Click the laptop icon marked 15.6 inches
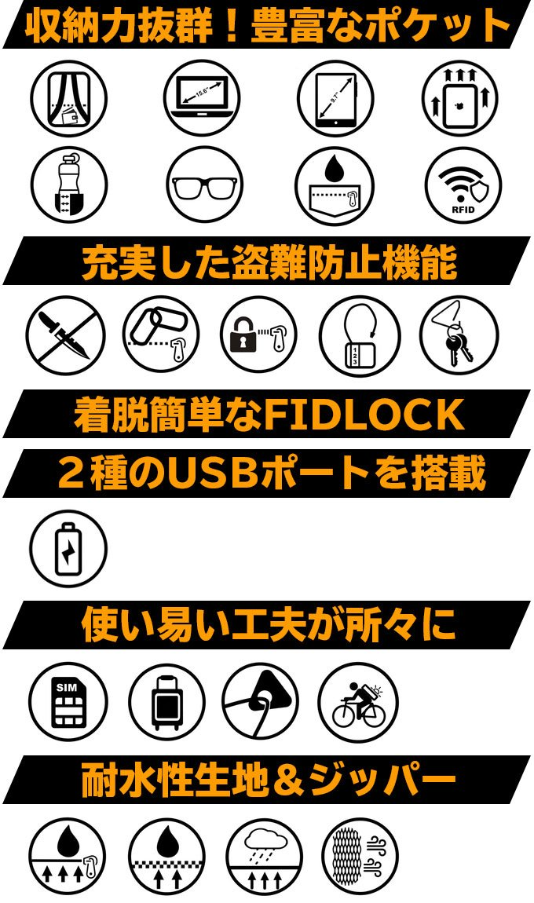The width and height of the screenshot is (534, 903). pos(202,98)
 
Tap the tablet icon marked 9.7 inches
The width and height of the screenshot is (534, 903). pos(335,98)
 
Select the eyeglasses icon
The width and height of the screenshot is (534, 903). pos(204,186)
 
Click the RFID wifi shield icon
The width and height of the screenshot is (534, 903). pos(463,186)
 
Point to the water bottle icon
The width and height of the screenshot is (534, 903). pos(69,186)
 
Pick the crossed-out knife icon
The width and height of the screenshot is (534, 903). pos(65,335)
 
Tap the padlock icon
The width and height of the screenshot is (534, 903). pos(258,335)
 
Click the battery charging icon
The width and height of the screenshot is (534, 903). pos(68,547)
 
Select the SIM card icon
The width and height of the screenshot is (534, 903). pos(68,702)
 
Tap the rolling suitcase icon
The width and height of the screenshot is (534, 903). pos(166,702)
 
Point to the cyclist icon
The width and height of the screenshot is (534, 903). pos(358,702)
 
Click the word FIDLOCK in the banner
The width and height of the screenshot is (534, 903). pos(364,415)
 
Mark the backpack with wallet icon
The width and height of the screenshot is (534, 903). pos(68,98)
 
